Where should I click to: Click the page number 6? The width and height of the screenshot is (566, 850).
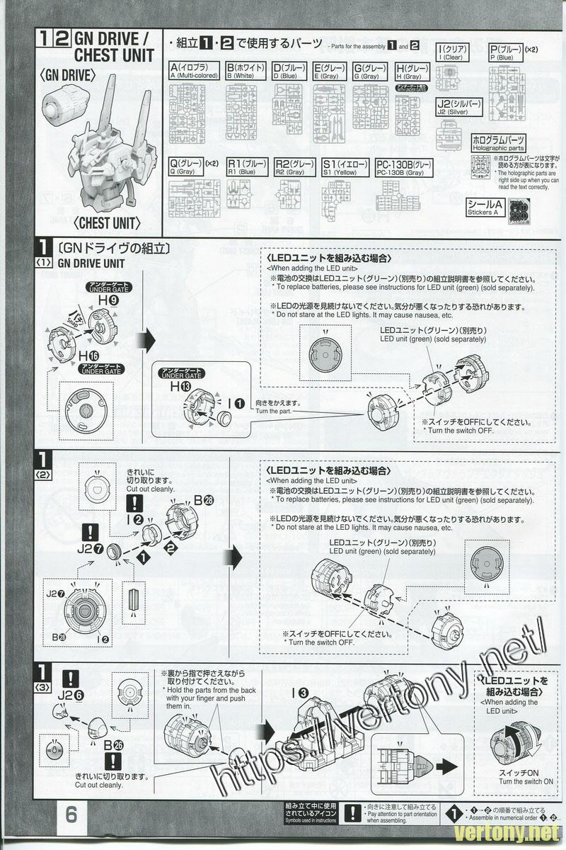tap(71, 815)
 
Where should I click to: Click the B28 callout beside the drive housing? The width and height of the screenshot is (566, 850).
tap(204, 499)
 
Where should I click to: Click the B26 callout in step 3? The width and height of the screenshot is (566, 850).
tap(112, 745)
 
